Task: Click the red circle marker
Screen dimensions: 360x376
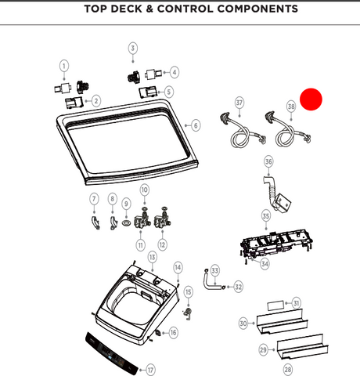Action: point(311,99)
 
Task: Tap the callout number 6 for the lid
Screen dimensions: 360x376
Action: point(196,125)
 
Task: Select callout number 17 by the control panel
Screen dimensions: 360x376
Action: point(150,370)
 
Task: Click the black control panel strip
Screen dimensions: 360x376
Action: point(112,353)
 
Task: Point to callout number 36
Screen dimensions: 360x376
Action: point(268,161)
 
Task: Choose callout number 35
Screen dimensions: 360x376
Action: point(266,216)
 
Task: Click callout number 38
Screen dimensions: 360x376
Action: point(291,107)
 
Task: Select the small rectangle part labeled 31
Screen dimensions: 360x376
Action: point(275,305)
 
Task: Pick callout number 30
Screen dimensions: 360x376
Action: point(243,324)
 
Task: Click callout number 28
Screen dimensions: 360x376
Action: point(288,370)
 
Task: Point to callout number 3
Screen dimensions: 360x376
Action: point(133,48)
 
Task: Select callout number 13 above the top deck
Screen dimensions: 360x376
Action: point(153,257)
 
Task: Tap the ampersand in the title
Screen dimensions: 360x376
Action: point(149,9)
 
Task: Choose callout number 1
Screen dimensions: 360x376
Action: point(64,66)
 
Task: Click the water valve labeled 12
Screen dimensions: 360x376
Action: point(162,219)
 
